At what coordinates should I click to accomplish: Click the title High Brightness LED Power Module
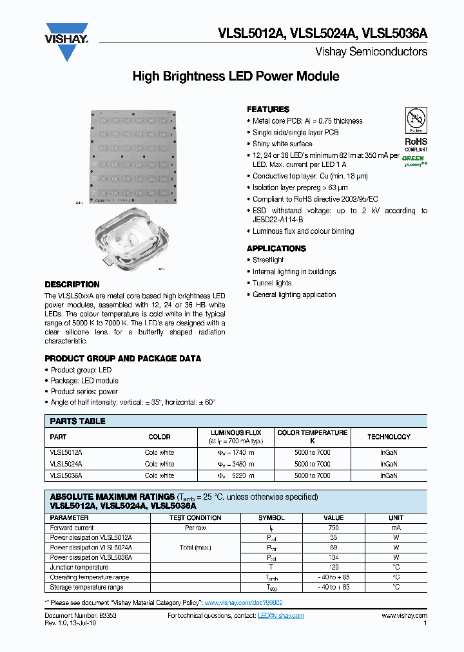[235, 77]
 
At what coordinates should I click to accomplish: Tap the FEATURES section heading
[268, 110]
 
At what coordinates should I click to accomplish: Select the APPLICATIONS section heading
[276, 249]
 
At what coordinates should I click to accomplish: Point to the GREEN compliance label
[414, 158]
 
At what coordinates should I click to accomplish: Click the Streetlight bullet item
[268, 260]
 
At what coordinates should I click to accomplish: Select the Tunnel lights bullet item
[272, 283]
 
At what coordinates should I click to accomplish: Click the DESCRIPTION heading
[72, 285]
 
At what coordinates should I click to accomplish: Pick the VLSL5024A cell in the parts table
[67, 464]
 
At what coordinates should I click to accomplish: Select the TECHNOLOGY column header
[389, 437]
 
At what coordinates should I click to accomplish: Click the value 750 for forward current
[333, 528]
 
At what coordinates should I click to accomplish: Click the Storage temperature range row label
[86, 588]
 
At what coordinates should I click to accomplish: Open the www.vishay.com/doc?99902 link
[244, 602]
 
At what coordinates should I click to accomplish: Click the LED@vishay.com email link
[281, 616]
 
